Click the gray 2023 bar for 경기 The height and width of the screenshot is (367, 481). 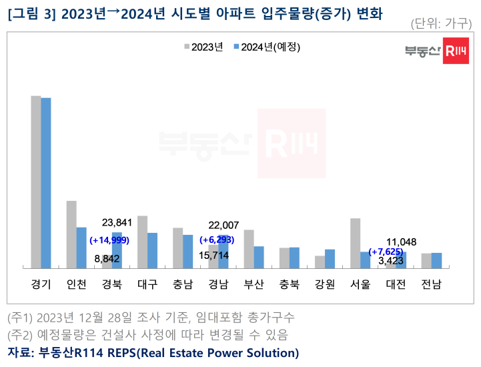pyautogui.click(x=35, y=182)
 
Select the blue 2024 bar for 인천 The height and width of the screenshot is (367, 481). pyautogui.click(x=81, y=248)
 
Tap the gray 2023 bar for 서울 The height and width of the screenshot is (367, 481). pyautogui.click(x=355, y=243)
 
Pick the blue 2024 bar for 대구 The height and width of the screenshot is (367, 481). pyautogui.click(x=152, y=250)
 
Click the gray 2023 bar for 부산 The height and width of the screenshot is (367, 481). pyautogui.click(x=249, y=249)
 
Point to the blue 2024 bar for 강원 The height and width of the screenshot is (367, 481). pyautogui.click(x=330, y=258)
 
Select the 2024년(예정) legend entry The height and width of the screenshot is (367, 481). pyautogui.click(x=266, y=47)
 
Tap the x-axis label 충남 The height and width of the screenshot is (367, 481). pyautogui.click(x=183, y=285)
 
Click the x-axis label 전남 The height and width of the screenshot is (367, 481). pyautogui.click(x=431, y=285)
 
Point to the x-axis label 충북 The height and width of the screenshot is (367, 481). pyautogui.click(x=289, y=285)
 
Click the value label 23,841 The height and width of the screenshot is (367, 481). pyautogui.click(x=116, y=223)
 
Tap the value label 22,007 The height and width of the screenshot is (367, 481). pyautogui.click(x=223, y=226)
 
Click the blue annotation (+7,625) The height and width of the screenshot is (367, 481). pyautogui.click(x=387, y=252)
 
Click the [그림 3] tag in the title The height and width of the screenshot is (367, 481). pyautogui.click(x=29, y=13)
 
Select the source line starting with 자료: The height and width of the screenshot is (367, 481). pyautogui.click(x=153, y=352)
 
